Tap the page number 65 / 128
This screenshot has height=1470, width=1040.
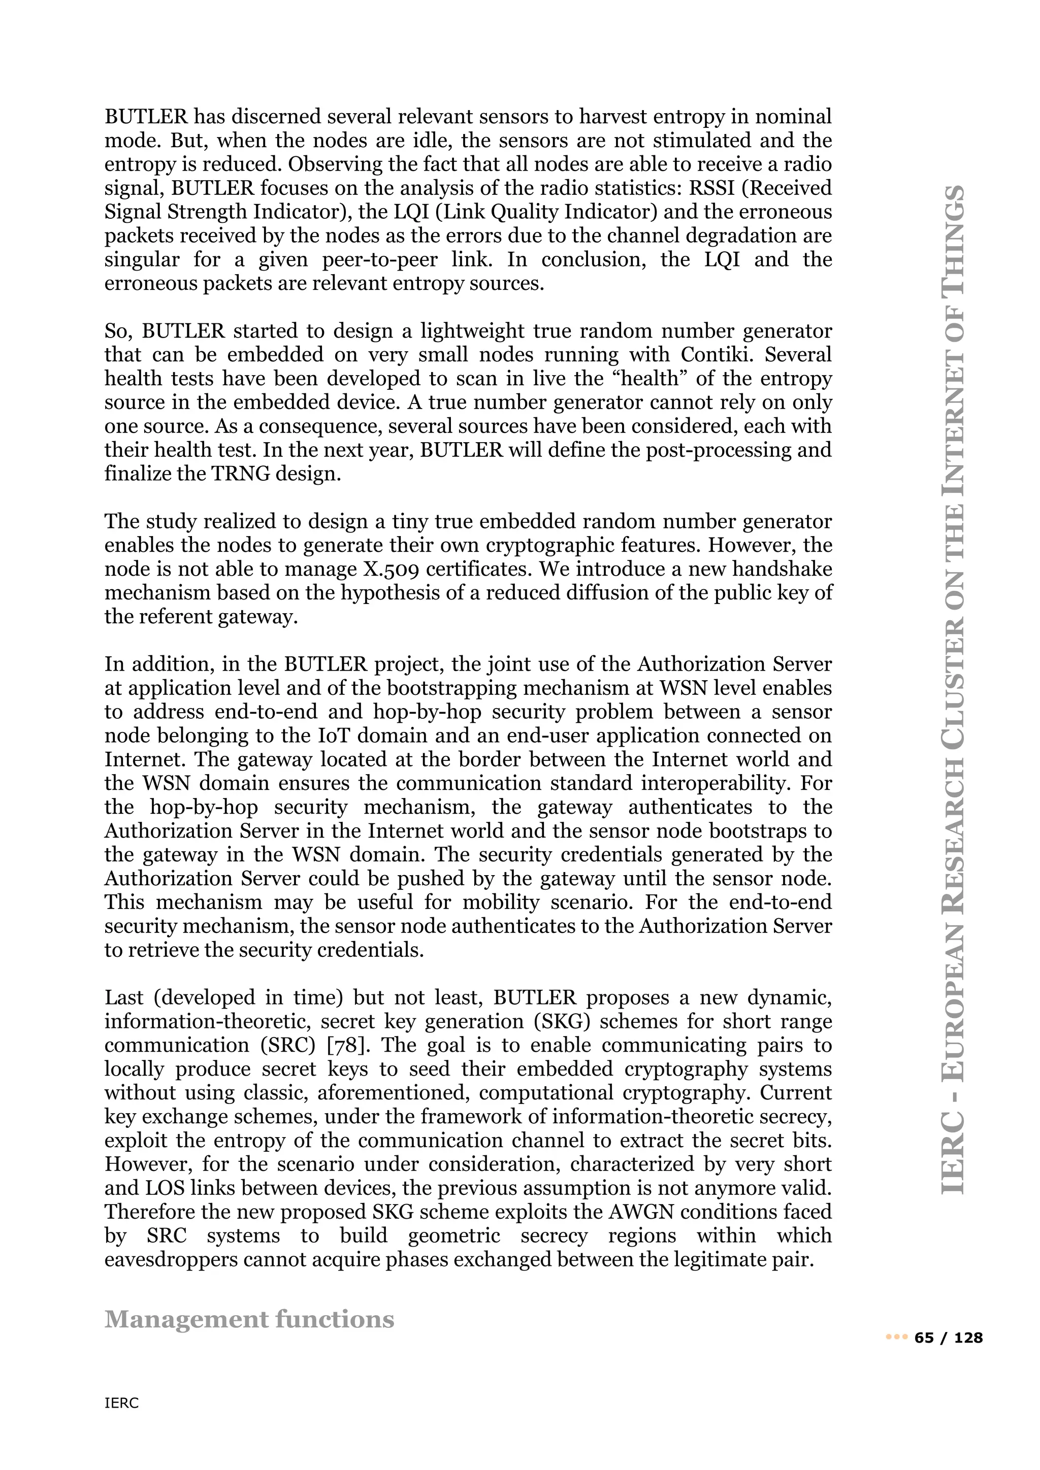point(949,1338)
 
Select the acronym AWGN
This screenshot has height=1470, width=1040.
point(642,1212)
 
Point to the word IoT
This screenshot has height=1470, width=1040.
point(334,736)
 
